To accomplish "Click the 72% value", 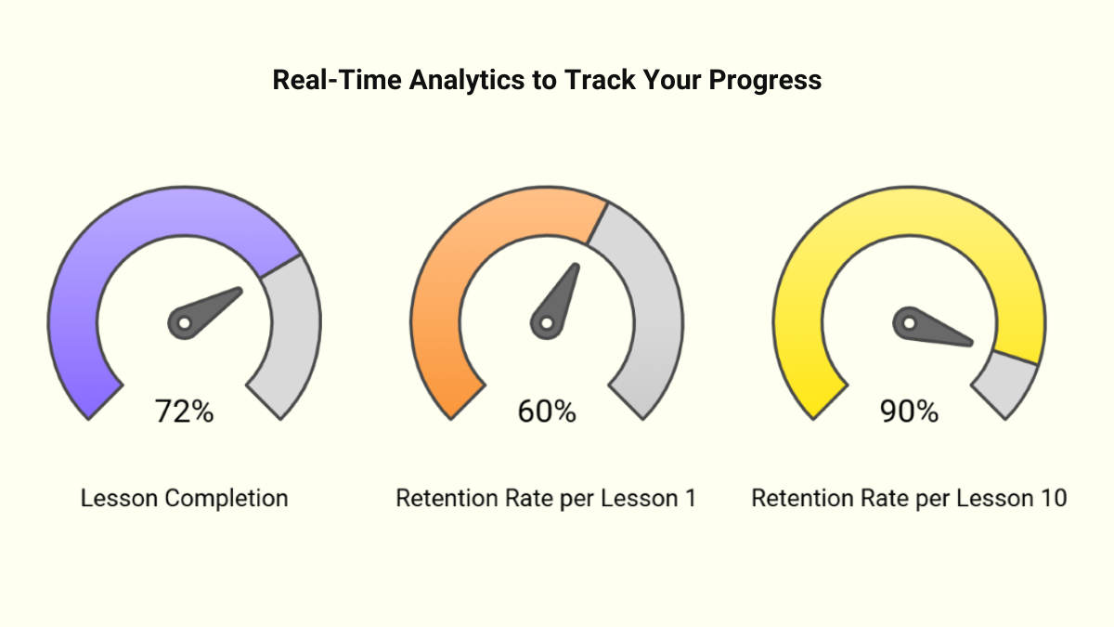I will tap(184, 411).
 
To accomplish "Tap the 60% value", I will tap(547, 411).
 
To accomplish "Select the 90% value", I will tap(909, 411).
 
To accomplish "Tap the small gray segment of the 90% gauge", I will tap(1009, 385).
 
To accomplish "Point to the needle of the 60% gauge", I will tap(561, 295).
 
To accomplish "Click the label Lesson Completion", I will tap(184, 498).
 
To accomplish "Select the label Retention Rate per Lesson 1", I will tap(546, 498).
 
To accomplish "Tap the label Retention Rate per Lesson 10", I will tap(909, 498).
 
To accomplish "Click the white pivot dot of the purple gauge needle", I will tap(184, 323).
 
